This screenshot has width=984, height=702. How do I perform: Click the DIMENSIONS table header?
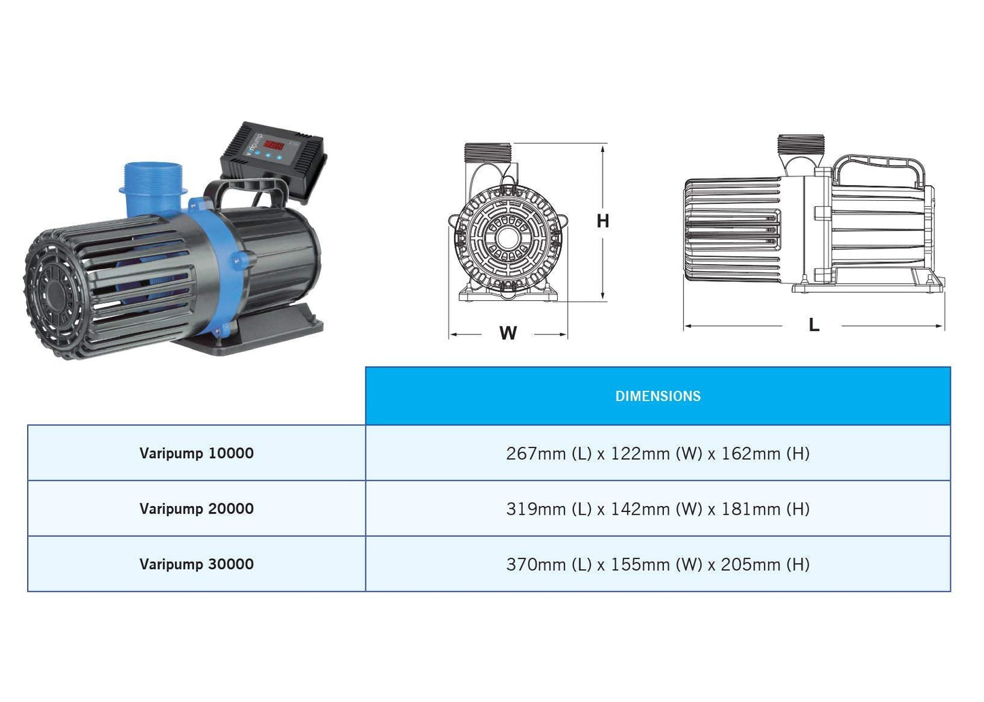coord(658,396)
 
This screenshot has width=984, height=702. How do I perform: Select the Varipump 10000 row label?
coord(196,453)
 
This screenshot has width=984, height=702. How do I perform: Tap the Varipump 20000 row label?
coord(196,508)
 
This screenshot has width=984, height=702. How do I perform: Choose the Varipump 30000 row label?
coord(196,564)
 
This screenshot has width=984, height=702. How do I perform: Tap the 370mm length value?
coord(535,564)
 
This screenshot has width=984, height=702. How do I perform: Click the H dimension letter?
coord(603,221)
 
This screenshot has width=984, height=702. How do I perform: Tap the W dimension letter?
coord(508,333)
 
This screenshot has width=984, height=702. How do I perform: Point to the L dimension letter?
coord(814,325)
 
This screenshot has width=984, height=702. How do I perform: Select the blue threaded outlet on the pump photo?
coord(153,188)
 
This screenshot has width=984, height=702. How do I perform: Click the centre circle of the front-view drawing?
coord(507,238)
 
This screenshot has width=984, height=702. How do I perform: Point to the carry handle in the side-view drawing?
coord(878,172)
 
